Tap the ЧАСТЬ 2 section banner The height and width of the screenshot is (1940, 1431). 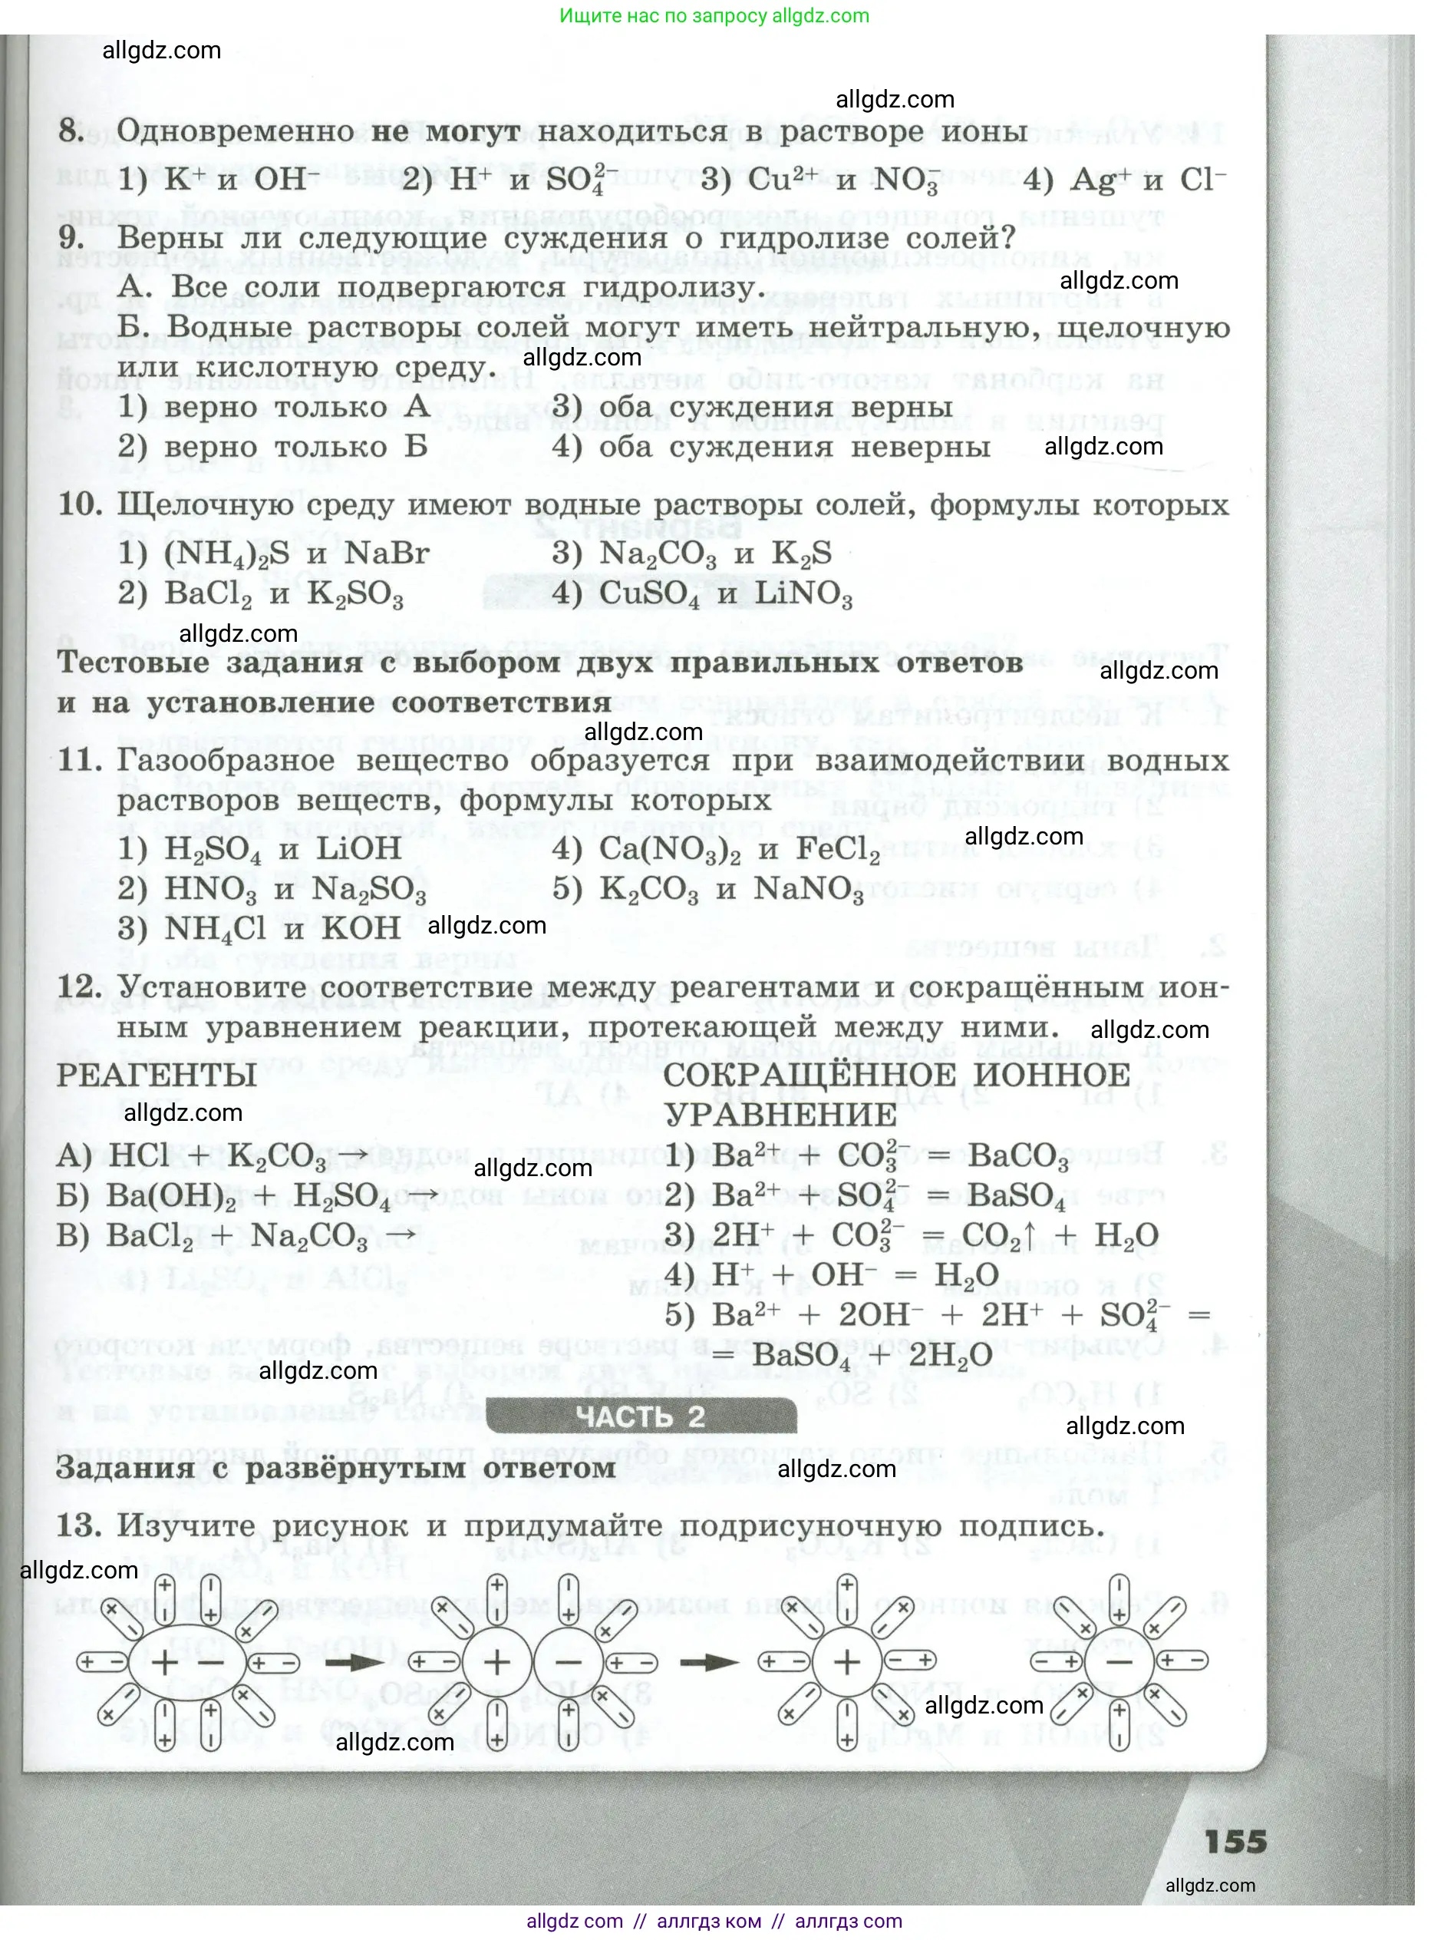click(640, 1416)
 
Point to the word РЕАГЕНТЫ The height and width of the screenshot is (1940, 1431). click(157, 1076)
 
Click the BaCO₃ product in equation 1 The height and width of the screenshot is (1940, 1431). click(1017, 1157)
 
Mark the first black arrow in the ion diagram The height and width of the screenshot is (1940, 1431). click(354, 1663)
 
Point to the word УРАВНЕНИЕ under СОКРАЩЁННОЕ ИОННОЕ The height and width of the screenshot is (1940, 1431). click(780, 1116)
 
